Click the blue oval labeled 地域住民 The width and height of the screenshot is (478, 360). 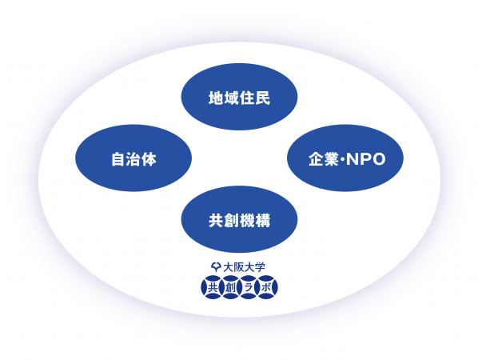(239, 97)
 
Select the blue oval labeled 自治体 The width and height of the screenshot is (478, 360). (133, 158)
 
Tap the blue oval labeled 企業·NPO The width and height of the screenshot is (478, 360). (345, 158)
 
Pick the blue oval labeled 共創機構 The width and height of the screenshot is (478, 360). (239, 219)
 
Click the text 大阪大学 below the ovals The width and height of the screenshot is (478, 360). (244, 267)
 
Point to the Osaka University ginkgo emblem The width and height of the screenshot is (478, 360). (216, 267)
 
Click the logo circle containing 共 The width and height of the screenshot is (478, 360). (213, 287)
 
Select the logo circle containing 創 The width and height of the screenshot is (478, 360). (230, 287)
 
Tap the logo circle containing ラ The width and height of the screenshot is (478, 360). (248, 287)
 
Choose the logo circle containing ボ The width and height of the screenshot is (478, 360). (266, 287)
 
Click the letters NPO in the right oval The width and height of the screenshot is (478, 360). (366, 159)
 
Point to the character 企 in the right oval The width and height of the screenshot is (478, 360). (316, 159)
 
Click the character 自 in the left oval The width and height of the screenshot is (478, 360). (118, 159)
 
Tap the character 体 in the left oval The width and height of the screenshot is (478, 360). (149, 159)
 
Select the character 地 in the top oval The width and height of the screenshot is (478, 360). (216, 98)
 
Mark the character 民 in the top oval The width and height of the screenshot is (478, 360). (263, 98)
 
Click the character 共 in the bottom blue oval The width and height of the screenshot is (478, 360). (216, 221)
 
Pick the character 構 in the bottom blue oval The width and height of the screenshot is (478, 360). (263, 221)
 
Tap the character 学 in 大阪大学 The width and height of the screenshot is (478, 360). (260, 267)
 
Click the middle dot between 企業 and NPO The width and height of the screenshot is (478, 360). (343, 159)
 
